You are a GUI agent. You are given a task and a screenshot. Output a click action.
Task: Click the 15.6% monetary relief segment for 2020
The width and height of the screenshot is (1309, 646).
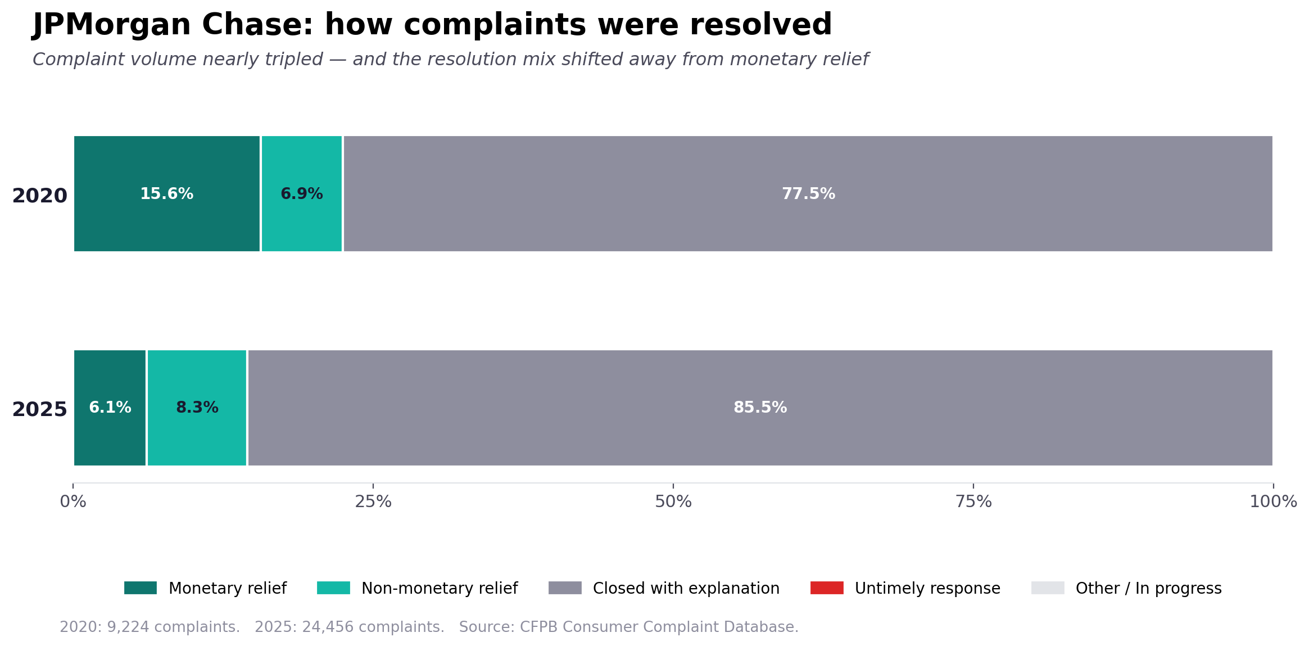click(166, 193)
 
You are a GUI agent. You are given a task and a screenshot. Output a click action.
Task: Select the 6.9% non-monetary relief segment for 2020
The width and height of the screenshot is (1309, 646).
click(302, 193)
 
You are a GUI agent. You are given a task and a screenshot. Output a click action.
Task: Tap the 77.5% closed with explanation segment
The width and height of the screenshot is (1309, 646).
click(808, 193)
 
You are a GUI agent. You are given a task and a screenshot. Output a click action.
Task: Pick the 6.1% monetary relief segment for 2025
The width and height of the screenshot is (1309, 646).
click(110, 408)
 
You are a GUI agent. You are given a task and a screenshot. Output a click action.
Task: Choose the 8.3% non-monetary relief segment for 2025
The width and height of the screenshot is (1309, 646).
click(197, 408)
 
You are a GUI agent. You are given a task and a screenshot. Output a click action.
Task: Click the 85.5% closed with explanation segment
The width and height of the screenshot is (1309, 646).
click(760, 408)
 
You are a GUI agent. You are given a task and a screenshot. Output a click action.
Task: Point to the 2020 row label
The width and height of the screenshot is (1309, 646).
click(39, 196)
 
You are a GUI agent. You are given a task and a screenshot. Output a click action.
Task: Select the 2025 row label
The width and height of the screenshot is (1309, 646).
click(39, 409)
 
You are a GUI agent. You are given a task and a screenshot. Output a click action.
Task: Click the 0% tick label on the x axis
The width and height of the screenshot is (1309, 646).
click(73, 502)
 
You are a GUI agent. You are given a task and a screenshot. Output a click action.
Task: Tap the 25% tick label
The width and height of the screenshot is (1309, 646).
click(373, 502)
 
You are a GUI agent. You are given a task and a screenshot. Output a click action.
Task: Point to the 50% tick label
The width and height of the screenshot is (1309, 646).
click(673, 502)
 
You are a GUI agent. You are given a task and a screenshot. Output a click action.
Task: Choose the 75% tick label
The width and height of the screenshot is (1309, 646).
click(973, 502)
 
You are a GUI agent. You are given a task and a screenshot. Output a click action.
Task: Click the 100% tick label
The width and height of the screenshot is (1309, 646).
click(1273, 502)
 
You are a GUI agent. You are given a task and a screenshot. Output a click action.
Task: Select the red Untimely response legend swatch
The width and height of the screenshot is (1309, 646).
click(827, 588)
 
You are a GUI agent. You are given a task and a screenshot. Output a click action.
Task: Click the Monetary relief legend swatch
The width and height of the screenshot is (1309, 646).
click(141, 588)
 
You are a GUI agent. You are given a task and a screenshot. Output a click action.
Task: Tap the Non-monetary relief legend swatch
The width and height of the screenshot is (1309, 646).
click(333, 588)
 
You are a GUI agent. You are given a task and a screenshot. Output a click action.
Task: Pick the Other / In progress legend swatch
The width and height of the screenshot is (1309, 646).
click(1048, 588)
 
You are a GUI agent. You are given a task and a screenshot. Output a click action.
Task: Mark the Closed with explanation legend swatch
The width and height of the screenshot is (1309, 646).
click(565, 588)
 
